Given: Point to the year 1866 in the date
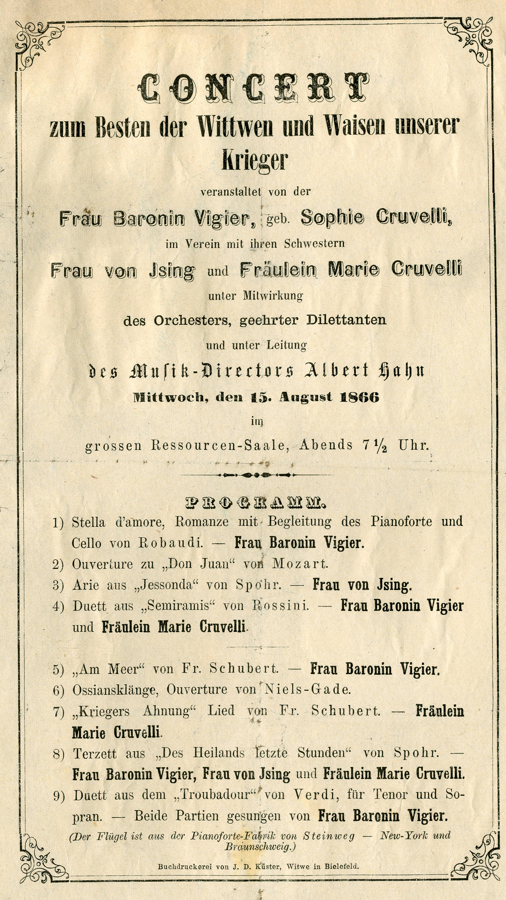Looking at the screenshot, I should tap(359, 397).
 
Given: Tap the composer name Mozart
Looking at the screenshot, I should tap(300, 564).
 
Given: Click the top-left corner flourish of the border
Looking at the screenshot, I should tap(38, 44).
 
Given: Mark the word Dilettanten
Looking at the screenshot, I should tap(346, 320).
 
